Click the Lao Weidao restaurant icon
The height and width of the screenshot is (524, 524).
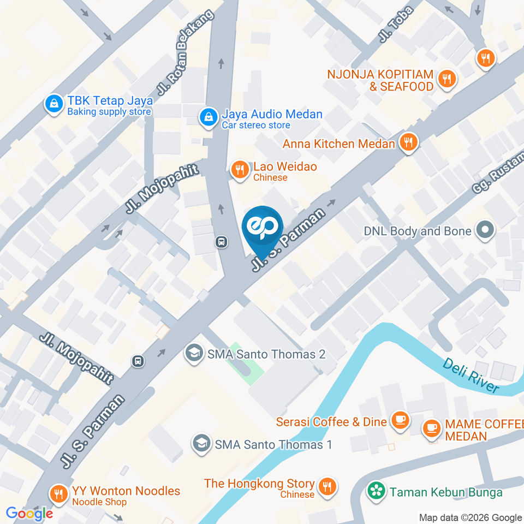click(x=239, y=170)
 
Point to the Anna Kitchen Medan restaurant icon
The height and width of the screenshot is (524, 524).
click(x=408, y=143)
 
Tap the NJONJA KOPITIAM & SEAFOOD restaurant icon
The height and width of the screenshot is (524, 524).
click(x=447, y=79)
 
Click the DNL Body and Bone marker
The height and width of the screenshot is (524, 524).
click(x=484, y=231)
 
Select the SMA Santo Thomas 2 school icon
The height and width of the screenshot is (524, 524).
click(x=193, y=354)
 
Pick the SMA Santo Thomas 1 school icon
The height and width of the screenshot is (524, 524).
click(x=201, y=444)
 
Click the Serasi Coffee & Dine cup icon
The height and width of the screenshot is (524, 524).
click(x=401, y=421)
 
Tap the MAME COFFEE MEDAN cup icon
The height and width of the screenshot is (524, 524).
click(x=432, y=427)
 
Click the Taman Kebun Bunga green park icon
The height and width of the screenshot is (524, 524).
click(x=376, y=491)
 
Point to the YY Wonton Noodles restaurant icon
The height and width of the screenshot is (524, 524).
click(x=58, y=495)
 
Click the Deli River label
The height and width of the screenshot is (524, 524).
click(x=471, y=375)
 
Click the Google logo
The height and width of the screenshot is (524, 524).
click(x=29, y=514)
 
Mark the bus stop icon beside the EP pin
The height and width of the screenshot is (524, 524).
click(x=222, y=241)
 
